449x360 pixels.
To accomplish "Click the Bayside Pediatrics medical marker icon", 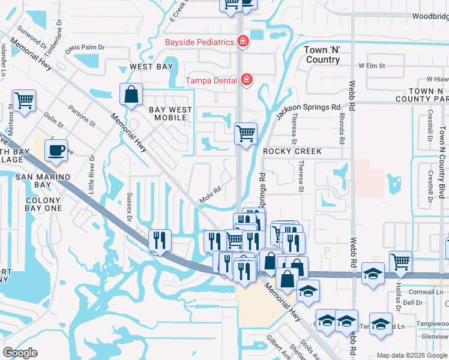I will click(243, 42).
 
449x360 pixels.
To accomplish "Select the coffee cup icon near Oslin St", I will click(56, 151).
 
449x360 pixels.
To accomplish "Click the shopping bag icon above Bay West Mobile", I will click(131, 95).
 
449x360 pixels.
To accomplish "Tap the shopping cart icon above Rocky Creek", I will click(246, 133).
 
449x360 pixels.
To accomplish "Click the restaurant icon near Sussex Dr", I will click(159, 241).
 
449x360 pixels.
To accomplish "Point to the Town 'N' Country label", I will click(322, 55).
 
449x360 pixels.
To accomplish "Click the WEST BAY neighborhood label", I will click(148, 67).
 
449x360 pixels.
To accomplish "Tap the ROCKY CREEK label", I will click(292, 151).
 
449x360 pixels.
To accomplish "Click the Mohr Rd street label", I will click(210, 193).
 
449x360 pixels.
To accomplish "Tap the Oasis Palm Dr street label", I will click(85, 47).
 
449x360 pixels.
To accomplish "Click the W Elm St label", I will click(372, 65).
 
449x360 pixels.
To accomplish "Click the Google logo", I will click(20, 353).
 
